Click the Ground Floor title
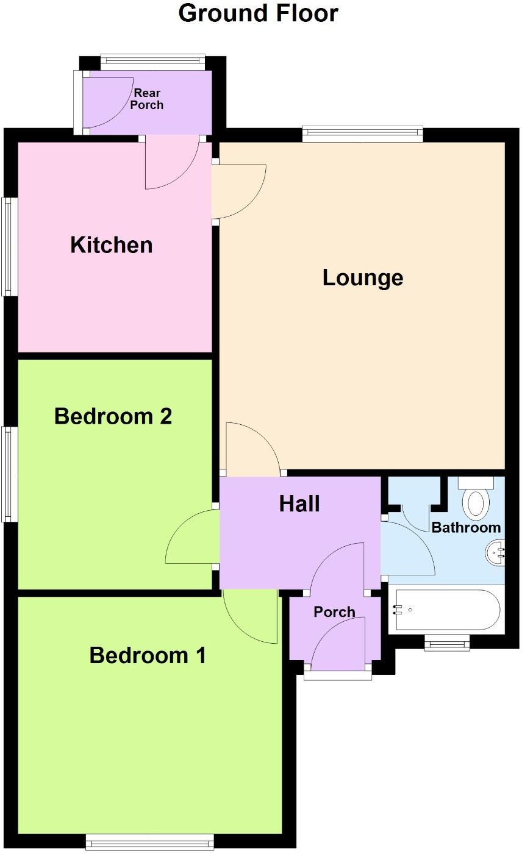(258, 13)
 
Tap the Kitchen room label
(112, 245)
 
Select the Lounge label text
(363, 278)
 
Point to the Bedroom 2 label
(113, 417)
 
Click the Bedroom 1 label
(148, 656)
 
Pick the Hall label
(299, 504)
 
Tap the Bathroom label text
(466, 527)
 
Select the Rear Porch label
(148, 99)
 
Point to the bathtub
(447, 609)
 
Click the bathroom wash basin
(496, 553)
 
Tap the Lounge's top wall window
(362, 134)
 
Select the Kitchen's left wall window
(9, 247)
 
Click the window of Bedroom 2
(9, 474)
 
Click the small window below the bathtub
(447, 642)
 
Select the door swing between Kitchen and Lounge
(240, 190)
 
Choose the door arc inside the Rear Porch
(108, 104)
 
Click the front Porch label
(334, 612)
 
